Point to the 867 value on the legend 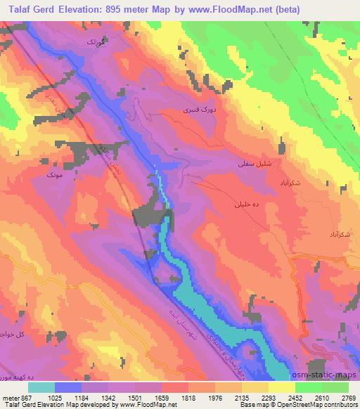click(x=27, y=398)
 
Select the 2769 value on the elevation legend click(x=348, y=398)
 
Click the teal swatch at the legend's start click(x=41, y=387)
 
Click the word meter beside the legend click(x=11, y=398)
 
